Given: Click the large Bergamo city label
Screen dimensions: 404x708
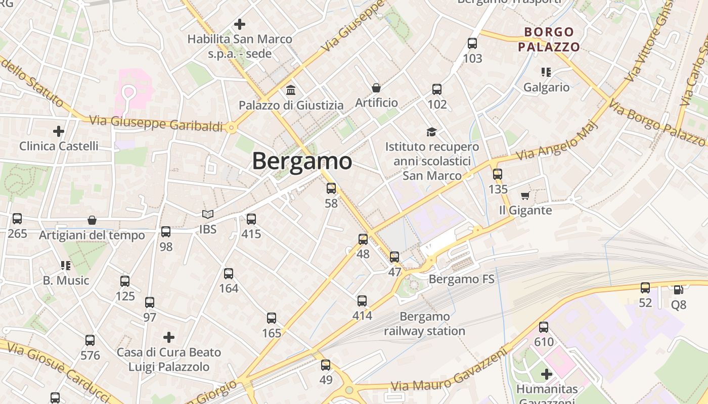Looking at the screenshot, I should point(302,162).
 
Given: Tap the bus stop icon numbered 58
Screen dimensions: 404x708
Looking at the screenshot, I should point(331,188).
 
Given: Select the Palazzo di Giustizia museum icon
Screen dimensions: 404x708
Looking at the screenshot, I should point(291,90).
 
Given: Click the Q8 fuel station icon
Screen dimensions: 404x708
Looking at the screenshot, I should point(678,290).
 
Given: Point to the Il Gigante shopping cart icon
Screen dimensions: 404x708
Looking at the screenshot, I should point(525,195).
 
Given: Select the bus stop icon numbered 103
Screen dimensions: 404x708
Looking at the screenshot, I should point(472,43).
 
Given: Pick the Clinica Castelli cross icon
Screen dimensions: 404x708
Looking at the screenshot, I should point(59,131).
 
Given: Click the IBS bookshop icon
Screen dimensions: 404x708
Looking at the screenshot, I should point(207,214).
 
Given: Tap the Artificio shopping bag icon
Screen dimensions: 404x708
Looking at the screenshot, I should point(376,88).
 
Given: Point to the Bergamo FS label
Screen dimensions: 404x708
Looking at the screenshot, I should point(461,279).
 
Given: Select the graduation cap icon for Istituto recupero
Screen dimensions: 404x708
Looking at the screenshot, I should point(431,132).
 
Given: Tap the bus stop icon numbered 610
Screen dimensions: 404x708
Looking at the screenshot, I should point(544,327).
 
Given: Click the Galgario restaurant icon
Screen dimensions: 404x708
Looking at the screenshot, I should point(546,72).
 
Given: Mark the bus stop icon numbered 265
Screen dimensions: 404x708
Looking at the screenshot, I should point(17,219).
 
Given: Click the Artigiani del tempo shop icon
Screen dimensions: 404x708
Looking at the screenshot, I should point(92,220).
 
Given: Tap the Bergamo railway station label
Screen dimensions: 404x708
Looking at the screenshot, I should point(424,324).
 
